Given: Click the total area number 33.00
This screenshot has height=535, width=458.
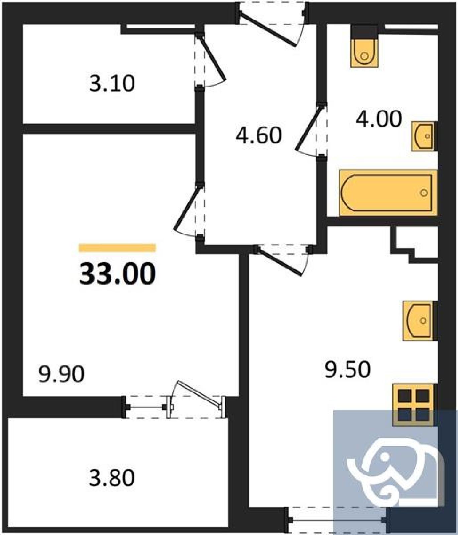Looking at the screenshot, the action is [x=117, y=274].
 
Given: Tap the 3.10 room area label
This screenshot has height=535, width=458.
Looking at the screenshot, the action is [x=112, y=83].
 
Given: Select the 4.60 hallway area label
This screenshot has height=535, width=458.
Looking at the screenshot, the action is [x=258, y=135].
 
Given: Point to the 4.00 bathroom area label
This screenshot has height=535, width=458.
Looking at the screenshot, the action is [x=378, y=119].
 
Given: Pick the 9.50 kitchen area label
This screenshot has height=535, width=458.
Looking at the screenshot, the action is [x=348, y=369].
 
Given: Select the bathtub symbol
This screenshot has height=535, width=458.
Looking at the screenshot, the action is [x=388, y=193].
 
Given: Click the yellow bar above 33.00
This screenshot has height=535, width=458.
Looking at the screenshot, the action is [x=117, y=248].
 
